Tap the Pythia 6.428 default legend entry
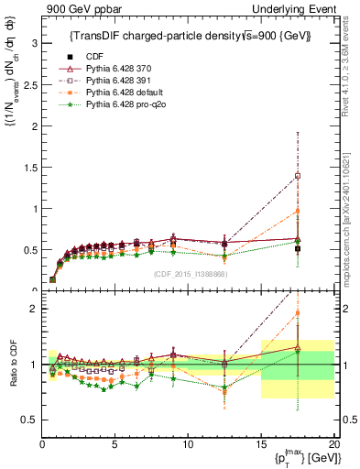(x=122, y=93)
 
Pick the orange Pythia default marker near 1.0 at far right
(x=298, y=211)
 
